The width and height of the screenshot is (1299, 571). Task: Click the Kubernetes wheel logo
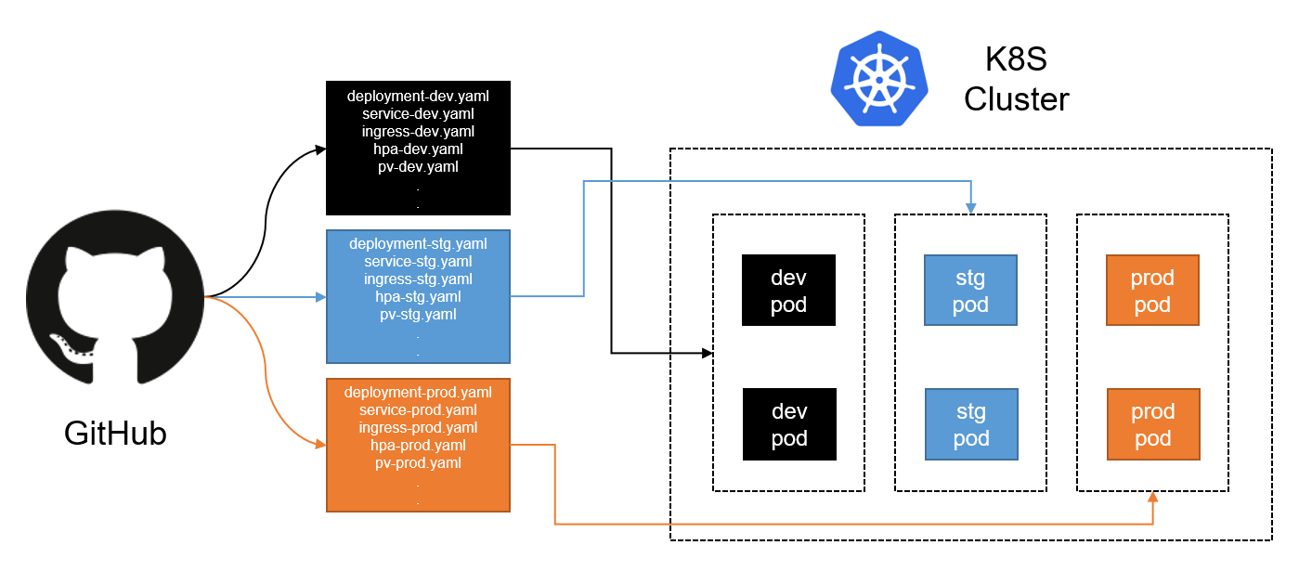pyautogui.click(x=879, y=78)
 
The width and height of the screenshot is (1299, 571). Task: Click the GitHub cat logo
pyautogui.click(x=115, y=297)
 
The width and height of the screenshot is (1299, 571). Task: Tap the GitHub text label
pyautogui.click(x=115, y=433)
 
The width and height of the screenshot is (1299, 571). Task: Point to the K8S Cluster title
pyautogui.click(x=1016, y=79)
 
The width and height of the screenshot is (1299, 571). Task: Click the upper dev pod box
pyautogui.click(x=788, y=291)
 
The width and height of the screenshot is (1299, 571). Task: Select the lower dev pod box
pyautogui.click(x=789, y=424)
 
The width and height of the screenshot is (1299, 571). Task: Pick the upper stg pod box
pyautogui.click(x=970, y=291)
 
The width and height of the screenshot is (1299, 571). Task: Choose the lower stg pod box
pyautogui.click(x=971, y=424)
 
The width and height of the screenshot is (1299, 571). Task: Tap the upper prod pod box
pyautogui.click(x=1152, y=291)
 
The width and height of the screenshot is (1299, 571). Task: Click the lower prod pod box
pyautogui.click(x=1153, y=424)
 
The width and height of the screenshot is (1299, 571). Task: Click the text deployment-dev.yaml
pyautogui.click(x=418, y=97)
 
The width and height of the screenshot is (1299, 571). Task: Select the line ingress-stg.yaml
pyautogui.click(x=418, y=279)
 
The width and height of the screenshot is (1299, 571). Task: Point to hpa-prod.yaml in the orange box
pyautogui.click(x=418, y=446)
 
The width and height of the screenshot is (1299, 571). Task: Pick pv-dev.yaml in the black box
pyautogui.click(x=418, y=167)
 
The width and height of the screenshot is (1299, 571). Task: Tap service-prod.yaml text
pyautogui.click(x=418, y=409)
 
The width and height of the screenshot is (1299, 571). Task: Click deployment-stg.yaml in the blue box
pyautogui.click(x=418, y=243)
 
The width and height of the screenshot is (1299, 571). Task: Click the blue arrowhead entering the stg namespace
pyautogui.click(x=971, y=208)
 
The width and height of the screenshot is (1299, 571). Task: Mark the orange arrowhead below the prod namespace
pyautogui.click(x=1153, y=497)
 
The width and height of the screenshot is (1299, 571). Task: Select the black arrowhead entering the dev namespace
pyautogui.click(x=707, y=353)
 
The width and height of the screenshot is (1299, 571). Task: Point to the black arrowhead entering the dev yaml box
pyautogui.click(x=320, y=149)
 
